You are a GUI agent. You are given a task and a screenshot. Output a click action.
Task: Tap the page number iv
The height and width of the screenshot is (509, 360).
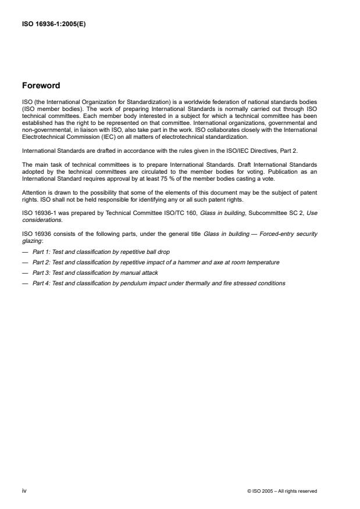tap(24, 490)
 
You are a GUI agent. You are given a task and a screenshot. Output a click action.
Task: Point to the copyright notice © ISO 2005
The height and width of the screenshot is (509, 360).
tap(282, 491)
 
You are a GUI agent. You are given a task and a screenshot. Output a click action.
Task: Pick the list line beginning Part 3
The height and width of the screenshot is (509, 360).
tap(94, 273)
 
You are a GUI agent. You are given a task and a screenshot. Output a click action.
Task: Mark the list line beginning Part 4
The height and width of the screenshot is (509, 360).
tap(154, 283)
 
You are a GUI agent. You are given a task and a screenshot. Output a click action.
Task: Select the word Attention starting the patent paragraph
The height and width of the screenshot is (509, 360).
tap(34, 192)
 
